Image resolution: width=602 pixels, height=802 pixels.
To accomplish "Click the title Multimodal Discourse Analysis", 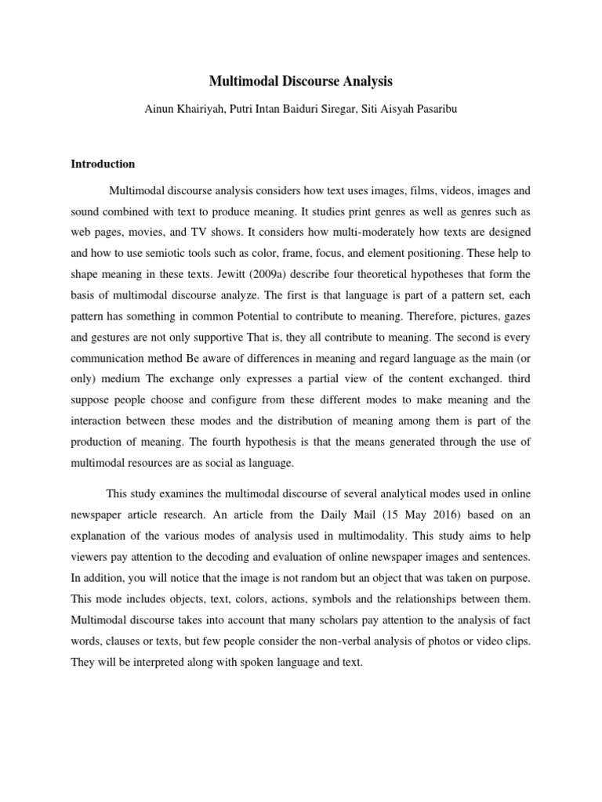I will click(301, 81).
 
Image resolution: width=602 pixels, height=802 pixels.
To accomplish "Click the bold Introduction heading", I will click(103, 164).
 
